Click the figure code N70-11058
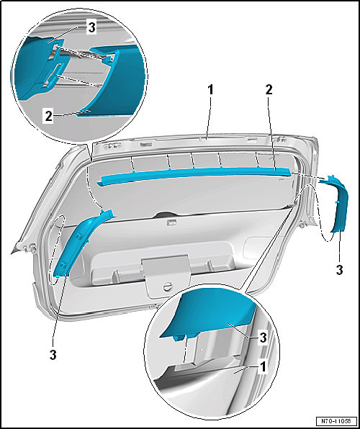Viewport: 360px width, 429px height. [x=337, y=420]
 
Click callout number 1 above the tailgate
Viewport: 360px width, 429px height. [x=210, y=90]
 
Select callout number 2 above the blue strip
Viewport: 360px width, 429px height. [x=269, y=90]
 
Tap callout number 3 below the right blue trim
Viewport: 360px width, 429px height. [x=339, y=271]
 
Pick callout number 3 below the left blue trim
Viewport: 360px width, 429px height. [x=53, y=355]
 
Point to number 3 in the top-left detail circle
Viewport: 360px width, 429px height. [x=91, y=28]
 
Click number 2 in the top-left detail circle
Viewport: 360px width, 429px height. [x=48, y=117]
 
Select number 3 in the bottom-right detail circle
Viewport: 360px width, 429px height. [x=263, y=338]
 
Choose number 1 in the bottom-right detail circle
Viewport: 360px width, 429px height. [x=263, y=367]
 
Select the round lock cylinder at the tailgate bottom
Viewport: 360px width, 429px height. [x=167, y=287]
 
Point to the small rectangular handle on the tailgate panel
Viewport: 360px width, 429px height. [x=171, y=223]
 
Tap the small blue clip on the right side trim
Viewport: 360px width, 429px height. [x=337, y=202]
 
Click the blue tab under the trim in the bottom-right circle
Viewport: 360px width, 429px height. [x=179, y=338]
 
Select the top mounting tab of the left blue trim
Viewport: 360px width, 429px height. [x=108, y=213]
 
